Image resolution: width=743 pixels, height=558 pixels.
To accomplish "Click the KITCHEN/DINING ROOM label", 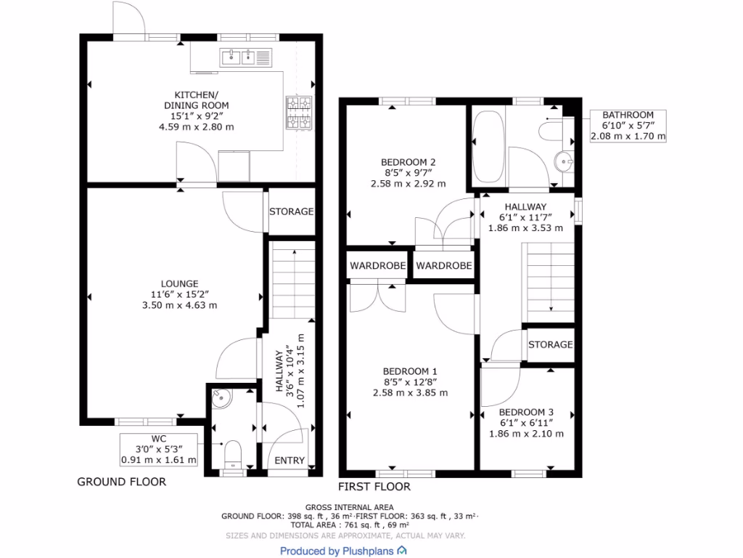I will point(196,110).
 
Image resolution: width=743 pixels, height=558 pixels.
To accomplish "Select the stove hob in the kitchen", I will point(299,113).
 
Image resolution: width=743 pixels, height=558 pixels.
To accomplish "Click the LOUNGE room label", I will point(181,294).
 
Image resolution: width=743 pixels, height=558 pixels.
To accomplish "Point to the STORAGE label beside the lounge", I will point(291,212).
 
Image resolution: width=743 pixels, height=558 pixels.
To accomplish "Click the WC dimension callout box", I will point(158,449).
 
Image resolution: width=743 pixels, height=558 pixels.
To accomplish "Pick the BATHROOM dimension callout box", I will point(628,126).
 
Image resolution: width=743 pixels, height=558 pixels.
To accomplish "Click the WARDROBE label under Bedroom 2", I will point(377,266).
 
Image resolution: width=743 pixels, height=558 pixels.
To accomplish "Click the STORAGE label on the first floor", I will point(550,344).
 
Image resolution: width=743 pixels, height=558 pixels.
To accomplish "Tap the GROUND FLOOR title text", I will point(121,482).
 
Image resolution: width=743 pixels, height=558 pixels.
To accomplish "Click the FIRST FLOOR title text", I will point(374,487).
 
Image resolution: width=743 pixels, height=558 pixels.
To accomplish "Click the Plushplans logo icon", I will point(401,551).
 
